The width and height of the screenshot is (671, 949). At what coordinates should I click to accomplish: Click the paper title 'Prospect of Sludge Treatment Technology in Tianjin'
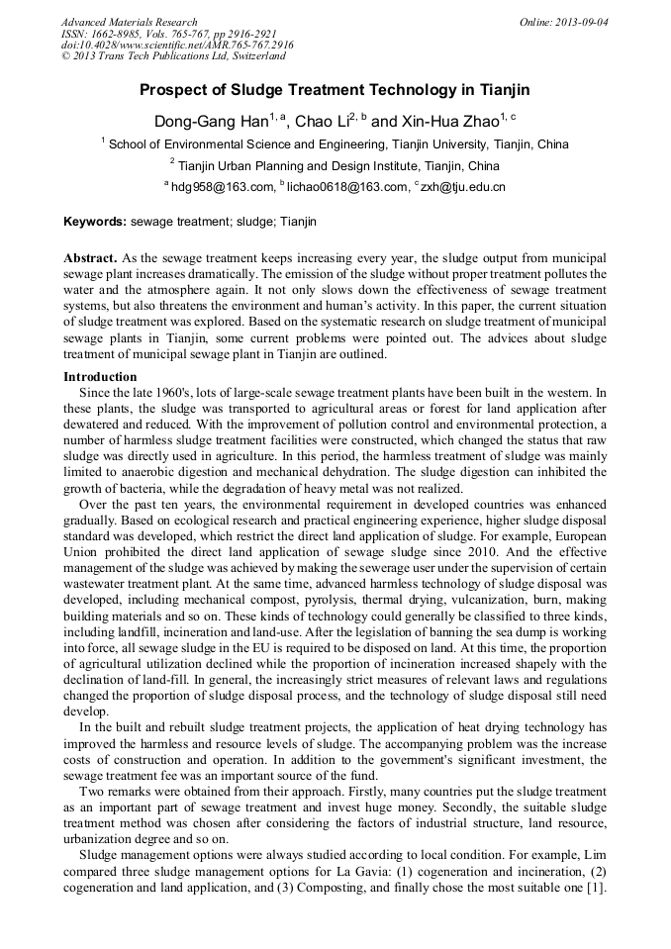click(335, 90)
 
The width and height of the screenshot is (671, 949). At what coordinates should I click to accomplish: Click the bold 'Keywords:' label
click(95, 222)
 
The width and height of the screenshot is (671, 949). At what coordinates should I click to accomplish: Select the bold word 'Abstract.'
click(91, 256)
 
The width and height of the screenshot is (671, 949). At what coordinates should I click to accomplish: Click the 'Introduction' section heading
click(100, 377)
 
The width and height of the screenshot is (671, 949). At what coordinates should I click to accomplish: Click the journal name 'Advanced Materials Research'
click(129, 22)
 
